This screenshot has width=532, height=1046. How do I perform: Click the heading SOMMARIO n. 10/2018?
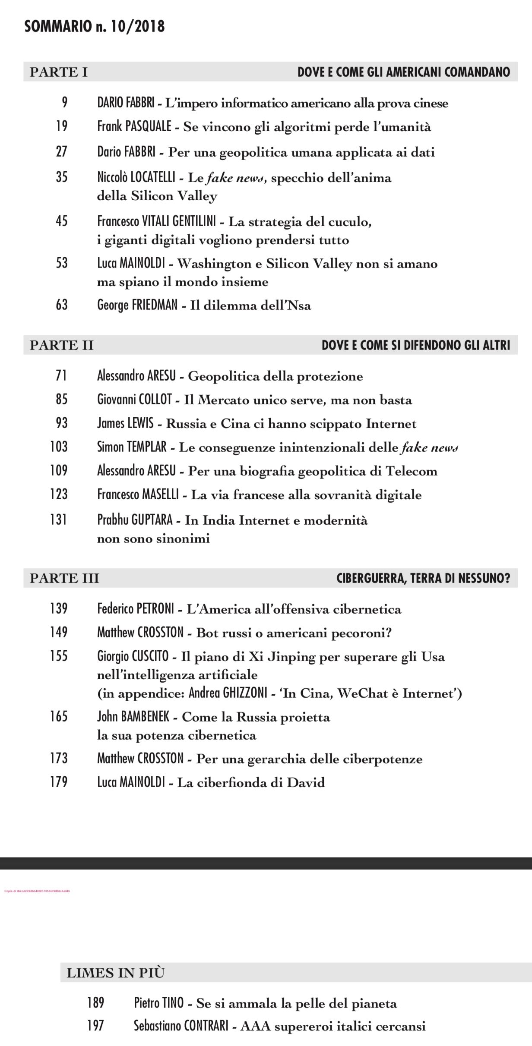coord(95,27)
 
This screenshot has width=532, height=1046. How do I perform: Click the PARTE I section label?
coord(58,72)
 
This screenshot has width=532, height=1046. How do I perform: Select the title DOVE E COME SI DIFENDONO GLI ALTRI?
coord(416,345)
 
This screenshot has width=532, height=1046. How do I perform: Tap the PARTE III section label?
coord(64,578)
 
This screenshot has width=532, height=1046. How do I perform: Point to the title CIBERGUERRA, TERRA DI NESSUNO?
coord(423,578)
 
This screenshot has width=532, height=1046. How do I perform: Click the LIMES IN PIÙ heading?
coord(115,973)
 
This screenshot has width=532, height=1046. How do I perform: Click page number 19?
coord(62,126)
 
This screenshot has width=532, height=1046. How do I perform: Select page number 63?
coord(62,305)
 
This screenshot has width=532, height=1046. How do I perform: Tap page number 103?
coord(59,447)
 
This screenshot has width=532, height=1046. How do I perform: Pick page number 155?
coord(59,656)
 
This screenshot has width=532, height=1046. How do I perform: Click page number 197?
coord(95,1025)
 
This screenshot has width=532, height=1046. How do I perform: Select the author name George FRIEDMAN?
coord(137,306)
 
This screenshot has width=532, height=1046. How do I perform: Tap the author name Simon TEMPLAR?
coord(132,447)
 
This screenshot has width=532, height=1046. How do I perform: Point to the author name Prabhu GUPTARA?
coord(135,520)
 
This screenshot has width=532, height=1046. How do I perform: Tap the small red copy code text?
coord(37,890)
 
